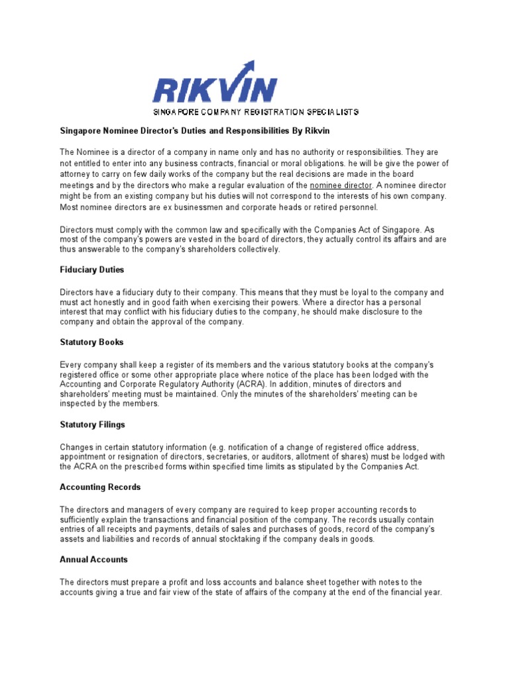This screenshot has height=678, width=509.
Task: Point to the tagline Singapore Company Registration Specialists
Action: click(x=256, y=113)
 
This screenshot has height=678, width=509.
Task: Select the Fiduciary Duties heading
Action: click(x=91, y=270)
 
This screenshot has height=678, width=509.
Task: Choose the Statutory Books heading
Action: click(x=91, y=342)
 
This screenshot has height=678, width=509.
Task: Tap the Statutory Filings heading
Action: click(x=92, y=424)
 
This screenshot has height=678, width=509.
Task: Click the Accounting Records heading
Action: click(x=100, y=487)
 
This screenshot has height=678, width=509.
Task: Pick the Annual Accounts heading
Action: click(x=93, y=559)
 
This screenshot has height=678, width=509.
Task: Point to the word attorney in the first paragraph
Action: click(x=74, y=174)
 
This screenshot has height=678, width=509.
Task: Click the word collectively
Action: click(x=256, y=250)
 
